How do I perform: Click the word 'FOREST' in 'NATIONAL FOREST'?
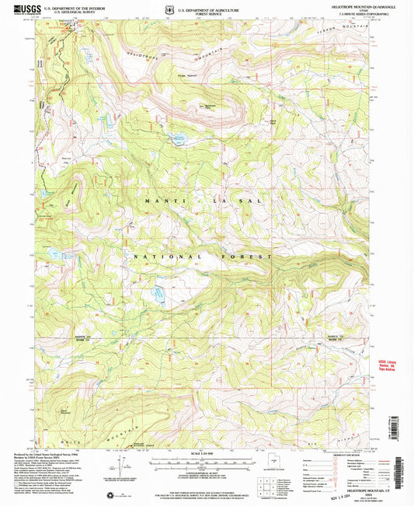pyautogui.click(x=252, y=256)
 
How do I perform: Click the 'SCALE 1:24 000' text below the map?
pyautogui.click(x=205, y=453)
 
